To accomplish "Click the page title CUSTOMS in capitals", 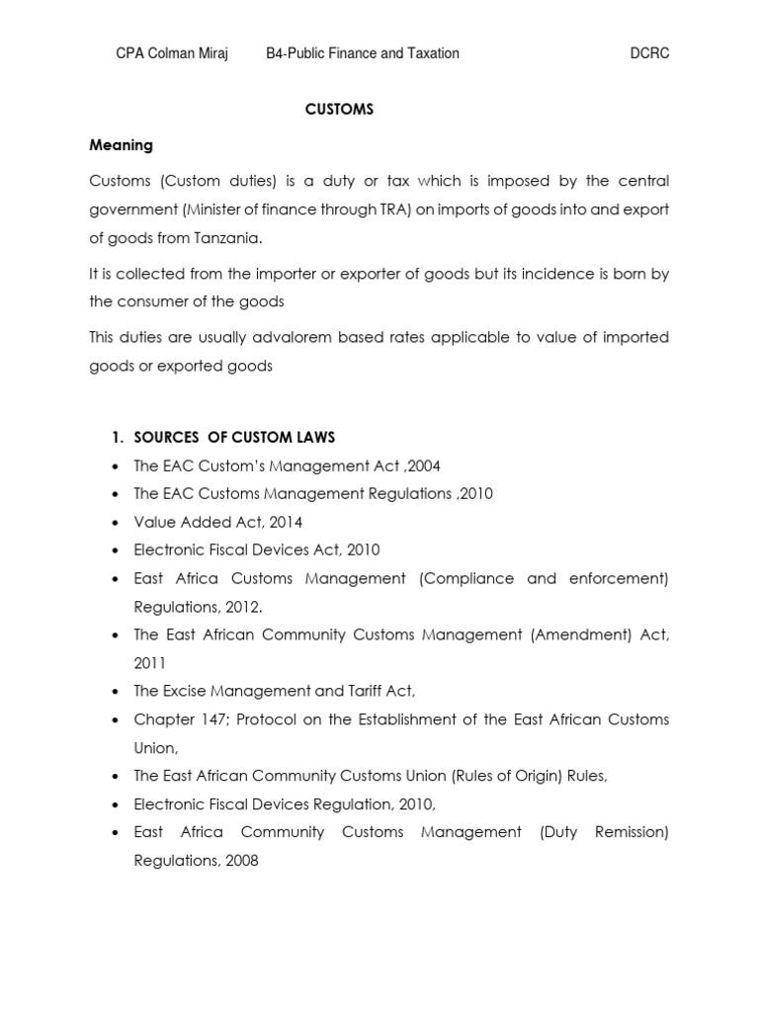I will [x=339, y=110].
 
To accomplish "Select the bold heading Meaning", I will [x=121, y=145].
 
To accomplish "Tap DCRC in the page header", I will [x=649, y=53].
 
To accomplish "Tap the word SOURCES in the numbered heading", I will [x=167, y=438].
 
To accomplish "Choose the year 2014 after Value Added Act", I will [x=285, y=522].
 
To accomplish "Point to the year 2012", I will [x=244, y=606].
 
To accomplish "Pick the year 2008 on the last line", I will [x=240, y=860].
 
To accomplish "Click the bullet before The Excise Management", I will [x=118, y=692].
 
